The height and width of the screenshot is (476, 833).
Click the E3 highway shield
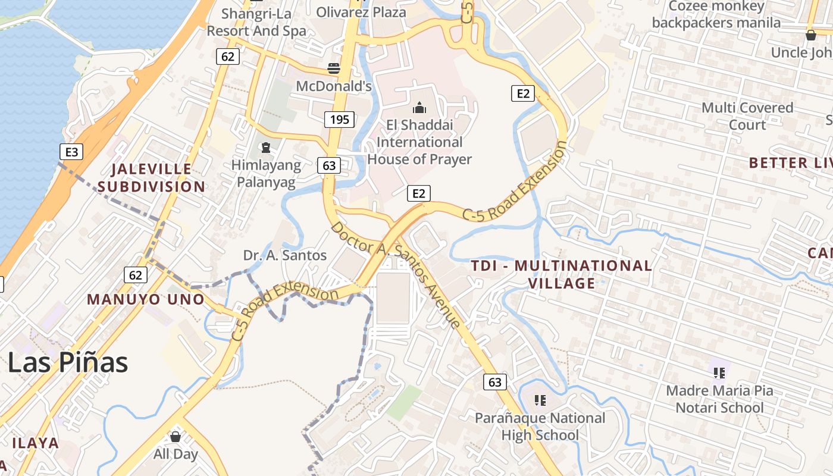pos(71,152)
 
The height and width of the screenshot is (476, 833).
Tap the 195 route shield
pos(340,120)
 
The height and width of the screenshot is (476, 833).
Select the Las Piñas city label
pos(68,362)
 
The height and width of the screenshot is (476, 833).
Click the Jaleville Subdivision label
pos(151,178)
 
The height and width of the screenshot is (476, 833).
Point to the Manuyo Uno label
pos(146,299)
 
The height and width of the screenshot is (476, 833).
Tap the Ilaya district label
pos(36,443)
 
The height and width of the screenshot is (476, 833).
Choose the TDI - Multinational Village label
pos(562,274)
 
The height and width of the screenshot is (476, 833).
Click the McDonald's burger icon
pos(334,68)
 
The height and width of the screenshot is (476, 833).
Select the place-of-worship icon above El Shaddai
pos(419,108)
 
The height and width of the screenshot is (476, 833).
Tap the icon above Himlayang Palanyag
pos(265,146)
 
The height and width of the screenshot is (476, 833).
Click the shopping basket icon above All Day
pos(176,436)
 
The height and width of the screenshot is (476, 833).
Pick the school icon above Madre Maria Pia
pos(719,373)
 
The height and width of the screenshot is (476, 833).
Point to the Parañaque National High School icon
pos(540,400)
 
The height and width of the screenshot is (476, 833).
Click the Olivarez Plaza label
pos(361,12)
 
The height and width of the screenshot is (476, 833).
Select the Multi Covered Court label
pos(747,116)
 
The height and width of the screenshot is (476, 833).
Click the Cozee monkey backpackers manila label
pos(716,15)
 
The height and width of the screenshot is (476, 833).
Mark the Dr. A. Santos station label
pos(285,255)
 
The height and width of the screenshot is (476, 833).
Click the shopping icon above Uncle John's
pos(810,35)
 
